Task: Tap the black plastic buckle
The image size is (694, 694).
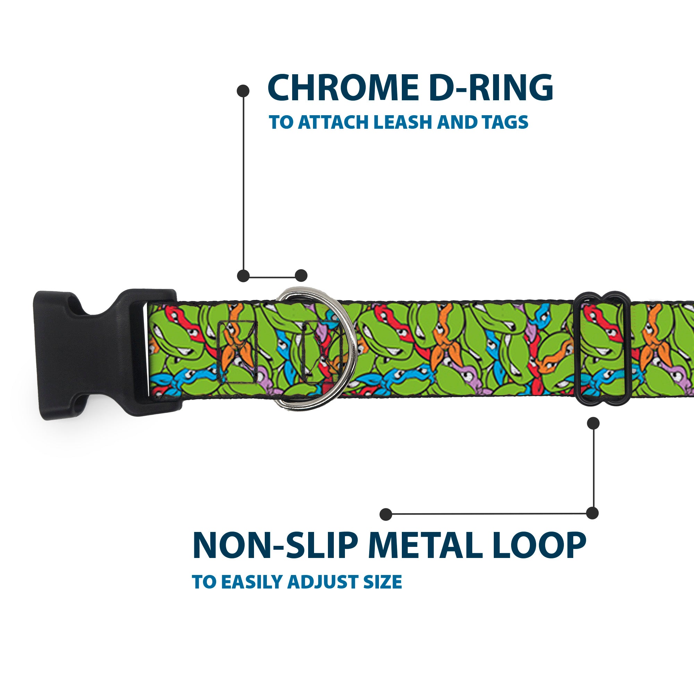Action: pos(101,354)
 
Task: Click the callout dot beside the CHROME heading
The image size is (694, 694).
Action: pos(243,91)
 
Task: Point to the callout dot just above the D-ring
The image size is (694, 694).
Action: pos(301,276)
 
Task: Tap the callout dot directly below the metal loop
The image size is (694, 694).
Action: pos(593,423)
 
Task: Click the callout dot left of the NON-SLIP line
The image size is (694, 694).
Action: pos(386,514)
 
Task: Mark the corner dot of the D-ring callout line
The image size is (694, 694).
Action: pos(244,276)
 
